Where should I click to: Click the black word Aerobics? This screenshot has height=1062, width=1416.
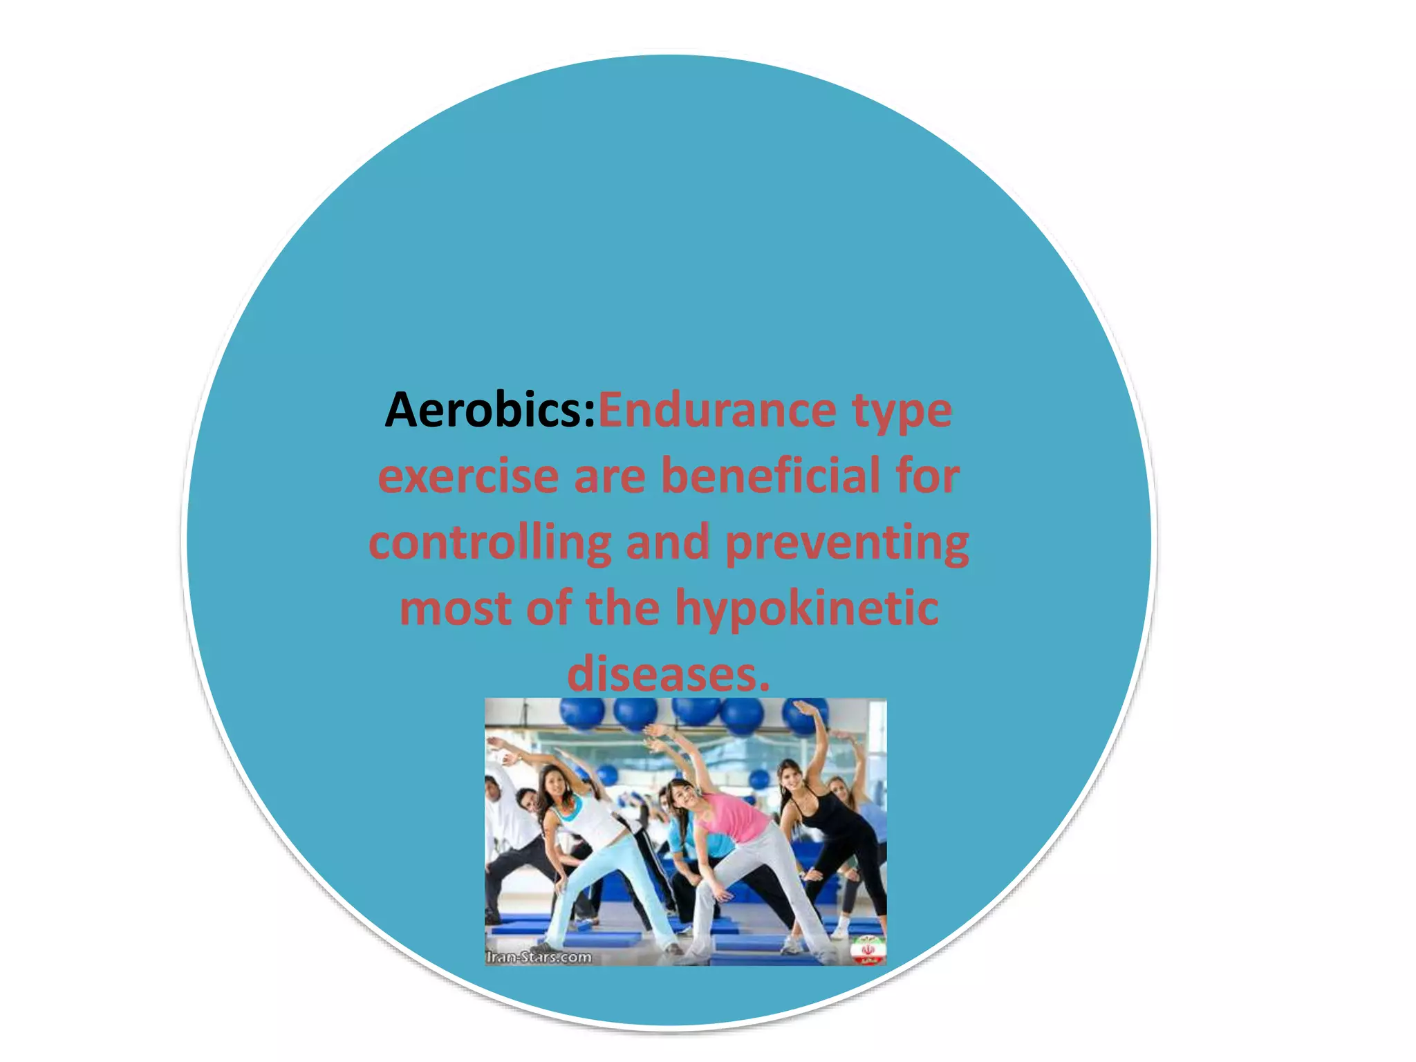click(x=490, y=411)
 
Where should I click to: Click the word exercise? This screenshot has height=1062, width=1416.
click(x=468, y=476)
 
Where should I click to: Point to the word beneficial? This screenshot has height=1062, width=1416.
click(x=770, y=476)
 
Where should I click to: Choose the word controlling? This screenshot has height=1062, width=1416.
click(x=490, y=542)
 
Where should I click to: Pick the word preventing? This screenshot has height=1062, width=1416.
click(x=846, y=543)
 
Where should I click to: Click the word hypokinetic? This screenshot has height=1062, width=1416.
click(x=806, y=608)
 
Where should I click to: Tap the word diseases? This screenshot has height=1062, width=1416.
click(x=668, y=673)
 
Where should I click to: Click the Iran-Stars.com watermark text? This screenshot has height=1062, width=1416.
click(x=539, y=957)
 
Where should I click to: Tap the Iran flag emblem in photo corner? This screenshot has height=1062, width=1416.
click(x=868, y=951)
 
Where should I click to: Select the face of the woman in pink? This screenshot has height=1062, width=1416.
click(x=681, y=795)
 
